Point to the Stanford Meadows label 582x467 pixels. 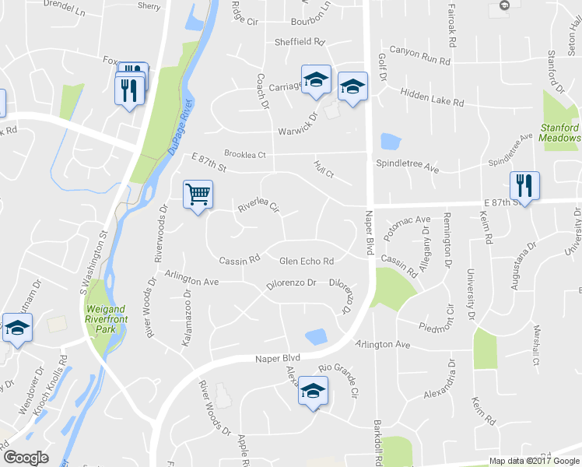tap(560, 132)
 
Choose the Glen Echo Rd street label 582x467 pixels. tap(307, 262)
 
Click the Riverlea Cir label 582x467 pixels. tap(258, 207)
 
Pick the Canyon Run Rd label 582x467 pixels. tap(420, 55)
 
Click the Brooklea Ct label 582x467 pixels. tap(245, 154)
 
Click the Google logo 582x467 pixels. tap(26, 458)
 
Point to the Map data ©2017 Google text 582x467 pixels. tap(533, 461)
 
